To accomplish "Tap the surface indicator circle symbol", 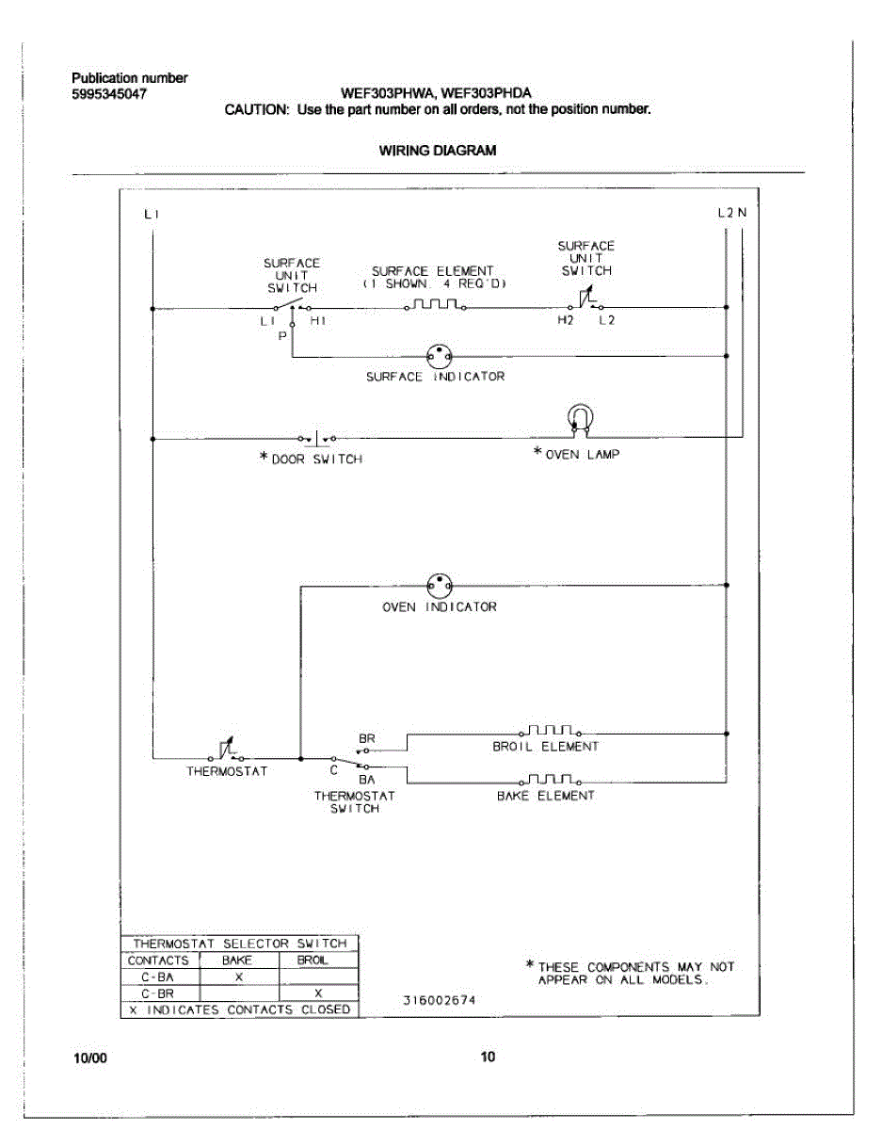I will pos(439,355).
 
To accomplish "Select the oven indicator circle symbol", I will pos(439,585).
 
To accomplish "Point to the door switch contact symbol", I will pos(317,438).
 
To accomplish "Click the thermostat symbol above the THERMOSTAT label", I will pos(226,751).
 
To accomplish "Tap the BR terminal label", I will pos(367,739).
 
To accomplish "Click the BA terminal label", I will pos(367,779).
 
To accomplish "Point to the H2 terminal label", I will pos(565,321).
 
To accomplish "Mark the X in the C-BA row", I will pos(239,977).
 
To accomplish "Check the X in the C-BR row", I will pos(318,993).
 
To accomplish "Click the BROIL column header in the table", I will pos(313,960).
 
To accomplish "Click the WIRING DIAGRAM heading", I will pos(438,150).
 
